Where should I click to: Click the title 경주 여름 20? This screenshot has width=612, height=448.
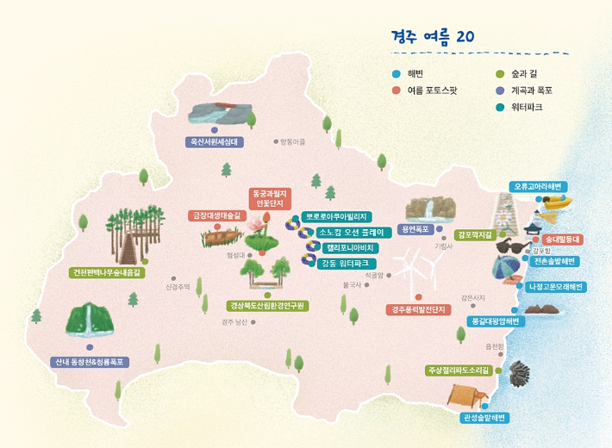point(432,36)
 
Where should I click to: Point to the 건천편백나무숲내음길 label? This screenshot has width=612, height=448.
point(108,272)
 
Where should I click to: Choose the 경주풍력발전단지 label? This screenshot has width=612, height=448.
point(418,308)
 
